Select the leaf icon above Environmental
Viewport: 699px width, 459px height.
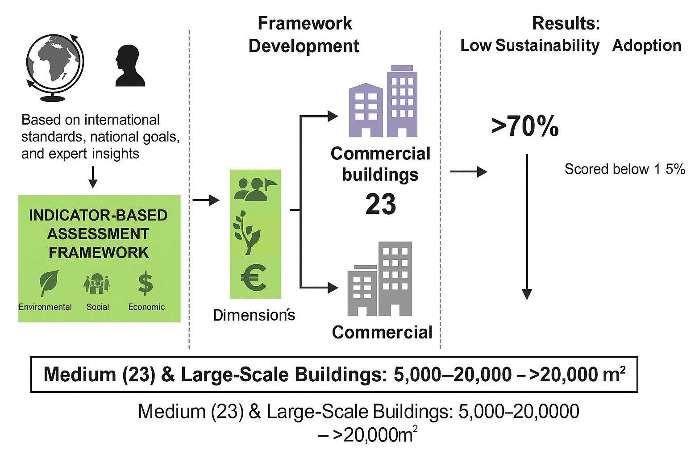(x=46, y=284)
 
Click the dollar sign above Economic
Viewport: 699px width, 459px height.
(x=145, y=284)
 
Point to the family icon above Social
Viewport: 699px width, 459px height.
(x=97, y=284)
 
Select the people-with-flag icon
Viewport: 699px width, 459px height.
(x=254, y=189)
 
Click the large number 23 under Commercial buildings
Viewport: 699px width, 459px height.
(x=380, y=204)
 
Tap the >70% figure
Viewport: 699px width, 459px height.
(x=525, y=126)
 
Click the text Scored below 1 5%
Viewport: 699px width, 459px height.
(x=624, y=169)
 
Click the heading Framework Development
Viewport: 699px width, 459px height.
(x=304, y=35)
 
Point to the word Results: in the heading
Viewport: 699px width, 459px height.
(x=566, y=23)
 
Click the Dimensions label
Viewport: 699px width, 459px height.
(x=254, y=315)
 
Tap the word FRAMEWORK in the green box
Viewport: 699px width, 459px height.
(x=98, y=252)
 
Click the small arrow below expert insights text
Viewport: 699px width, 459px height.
(x=92, y=177)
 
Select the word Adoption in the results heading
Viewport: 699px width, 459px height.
(x=647, y=46)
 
